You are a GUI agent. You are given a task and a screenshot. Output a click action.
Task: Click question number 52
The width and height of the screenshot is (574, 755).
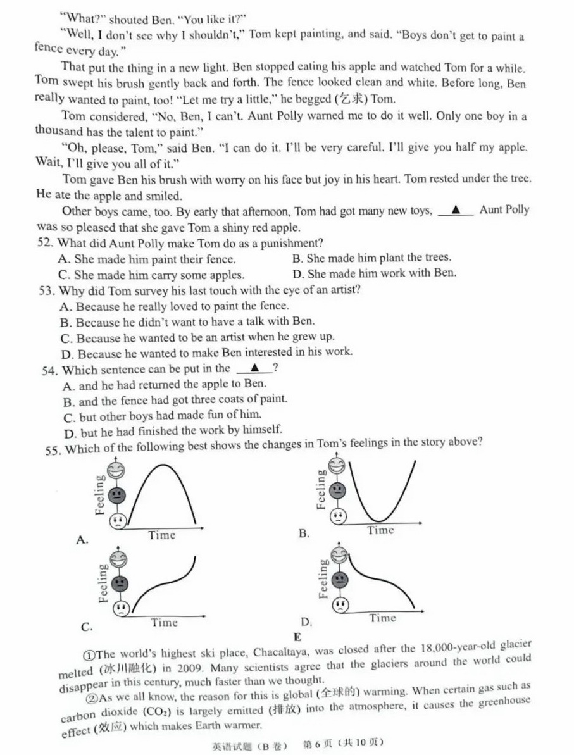click(47, 243)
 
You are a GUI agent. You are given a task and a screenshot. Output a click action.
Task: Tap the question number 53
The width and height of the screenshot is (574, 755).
click(47, 290)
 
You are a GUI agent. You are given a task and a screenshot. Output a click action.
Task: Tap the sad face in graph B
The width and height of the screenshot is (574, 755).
click(340, 516)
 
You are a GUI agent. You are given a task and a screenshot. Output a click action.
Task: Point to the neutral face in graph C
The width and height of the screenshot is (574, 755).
click(118, 583)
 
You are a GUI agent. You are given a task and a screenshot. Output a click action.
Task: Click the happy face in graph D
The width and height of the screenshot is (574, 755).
click(340, 556)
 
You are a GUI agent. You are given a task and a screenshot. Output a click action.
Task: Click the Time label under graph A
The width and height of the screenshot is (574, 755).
click(162, 535)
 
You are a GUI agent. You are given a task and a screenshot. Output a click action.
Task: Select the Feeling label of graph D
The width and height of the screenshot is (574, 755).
click(324, 578)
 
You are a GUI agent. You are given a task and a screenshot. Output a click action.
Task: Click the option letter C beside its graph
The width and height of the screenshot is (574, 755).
click(87, 627)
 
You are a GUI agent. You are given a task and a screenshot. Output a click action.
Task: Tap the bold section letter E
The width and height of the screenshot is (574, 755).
click(297, 637)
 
